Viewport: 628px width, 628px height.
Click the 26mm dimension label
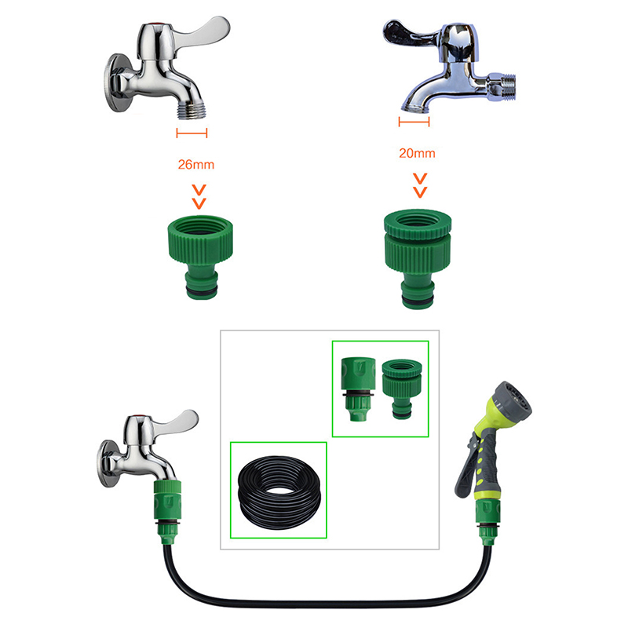[x=195, y=165]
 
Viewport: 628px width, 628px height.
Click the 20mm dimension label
[x=417, y=153]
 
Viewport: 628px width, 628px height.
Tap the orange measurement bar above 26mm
[x=192, y=133]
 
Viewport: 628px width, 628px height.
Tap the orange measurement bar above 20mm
[x=414, y=122]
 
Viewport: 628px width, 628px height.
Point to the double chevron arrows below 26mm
[x=199, y=197]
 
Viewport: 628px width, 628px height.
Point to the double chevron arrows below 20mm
[x=420, y=185]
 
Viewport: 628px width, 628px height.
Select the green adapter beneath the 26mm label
[x=200, y=257]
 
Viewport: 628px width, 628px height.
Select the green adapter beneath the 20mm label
[x=418, y=259]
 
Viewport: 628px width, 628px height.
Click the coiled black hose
[x=279, y=492]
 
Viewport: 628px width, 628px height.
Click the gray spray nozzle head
[x=513, y=399]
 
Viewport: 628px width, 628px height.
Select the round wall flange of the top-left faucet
[x=116, y=82]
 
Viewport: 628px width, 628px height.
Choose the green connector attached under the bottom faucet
[x=168, y=512]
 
